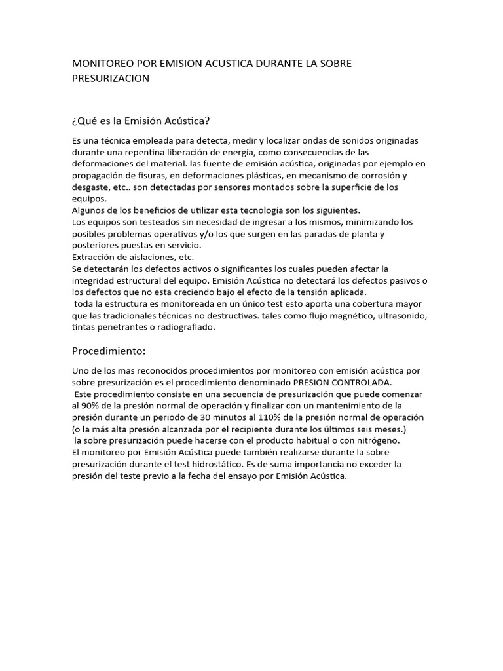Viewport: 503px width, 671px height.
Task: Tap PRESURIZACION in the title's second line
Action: coord(111,79)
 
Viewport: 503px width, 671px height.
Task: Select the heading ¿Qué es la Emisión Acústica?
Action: coord(141,121)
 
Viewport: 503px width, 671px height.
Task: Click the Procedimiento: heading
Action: coord(109,351)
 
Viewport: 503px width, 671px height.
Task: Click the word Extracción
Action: coord(95,257)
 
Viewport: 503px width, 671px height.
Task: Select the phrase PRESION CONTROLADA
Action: coord(343,383)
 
